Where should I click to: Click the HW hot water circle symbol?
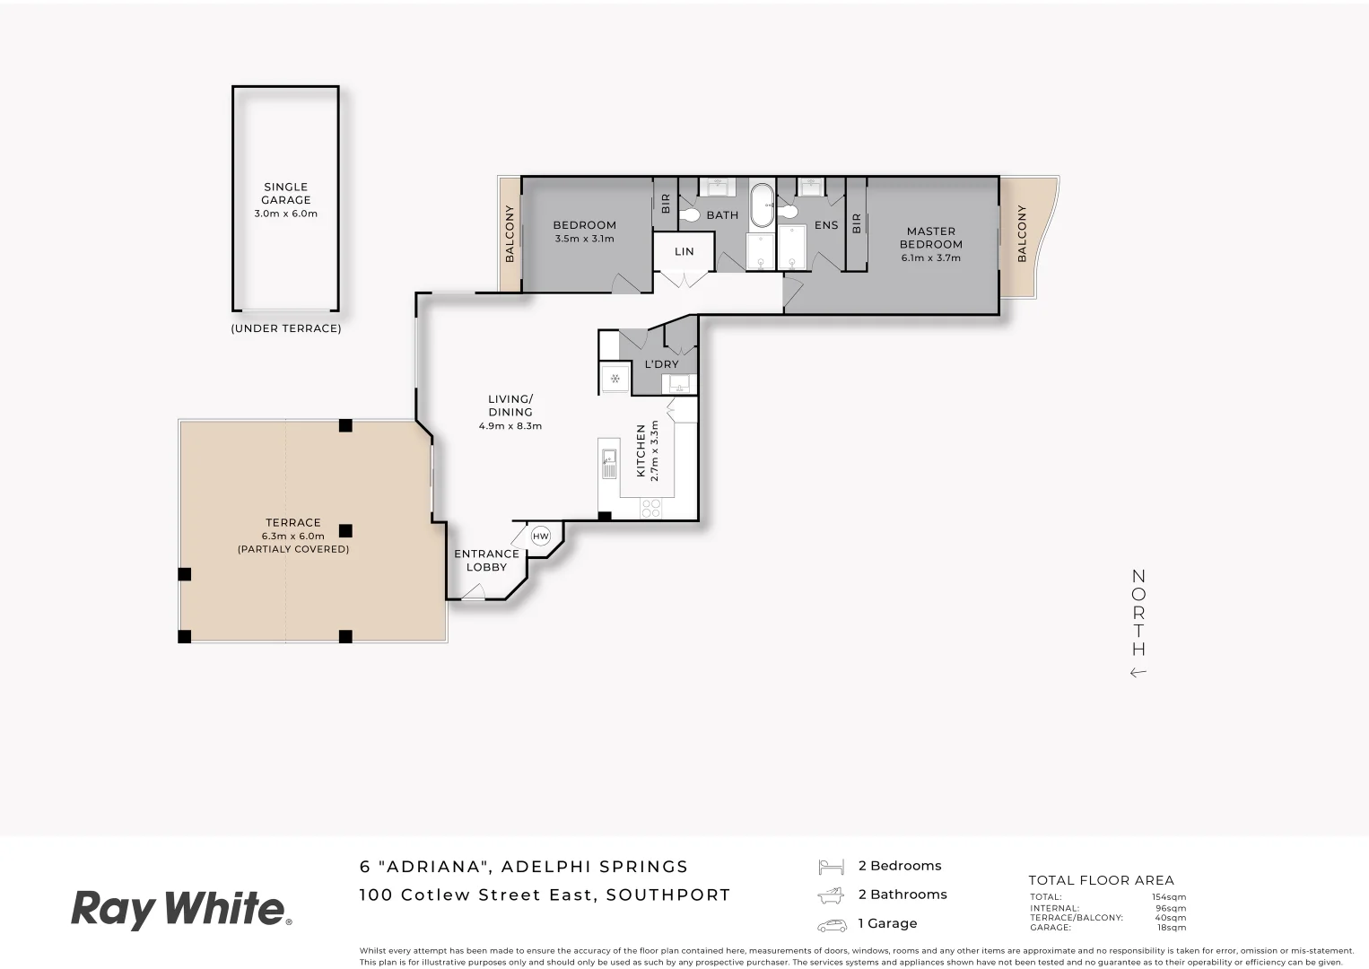(x=540, y=537)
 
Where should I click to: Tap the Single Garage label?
(x=286, y=194)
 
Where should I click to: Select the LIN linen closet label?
(x=684, y=252)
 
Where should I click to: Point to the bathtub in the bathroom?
(x=761, y=206)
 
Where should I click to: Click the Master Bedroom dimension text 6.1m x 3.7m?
(x=931, y=258)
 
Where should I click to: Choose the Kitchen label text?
(x=641, y=450)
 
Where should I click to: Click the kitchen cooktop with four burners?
(x=650, y=508)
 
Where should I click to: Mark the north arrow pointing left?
(x=1138, y=673)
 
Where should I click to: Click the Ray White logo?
(x=181, y=909)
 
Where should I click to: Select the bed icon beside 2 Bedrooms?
(x=831, y=867)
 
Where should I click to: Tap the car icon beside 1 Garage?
(x=831, y=924)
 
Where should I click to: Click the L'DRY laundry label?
(x=661, y=364)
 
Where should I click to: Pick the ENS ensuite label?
(x=826, y=225)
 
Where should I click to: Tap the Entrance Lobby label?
(x=486, y=561)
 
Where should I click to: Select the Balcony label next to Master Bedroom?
(x=1021, y=234)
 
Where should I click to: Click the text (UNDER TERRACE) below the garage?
(x=286, y=328)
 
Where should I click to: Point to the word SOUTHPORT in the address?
(x=668, y=895)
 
